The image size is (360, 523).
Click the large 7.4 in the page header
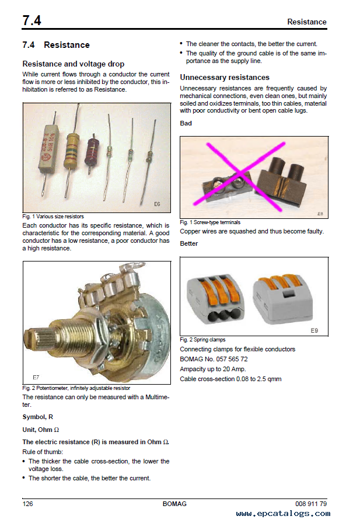pos(32,20)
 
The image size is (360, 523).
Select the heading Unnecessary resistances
pos(225,78)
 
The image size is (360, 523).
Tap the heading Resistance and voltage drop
pos(74,64)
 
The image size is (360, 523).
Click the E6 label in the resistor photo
pos(157,204)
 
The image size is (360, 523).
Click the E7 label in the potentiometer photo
pos(36,377)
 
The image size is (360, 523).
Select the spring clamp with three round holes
pos(215,299)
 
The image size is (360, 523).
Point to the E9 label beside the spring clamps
pos(314,330)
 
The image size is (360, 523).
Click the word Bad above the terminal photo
pos(186,123)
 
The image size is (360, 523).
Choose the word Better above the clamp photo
pos(188,243)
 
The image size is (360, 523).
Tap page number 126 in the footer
pos(27,504)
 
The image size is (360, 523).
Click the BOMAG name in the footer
pos(174,504)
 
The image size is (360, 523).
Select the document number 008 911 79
pos(310,504)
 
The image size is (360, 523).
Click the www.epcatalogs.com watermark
pos(283,514)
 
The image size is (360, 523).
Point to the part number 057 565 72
pos(232,359)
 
